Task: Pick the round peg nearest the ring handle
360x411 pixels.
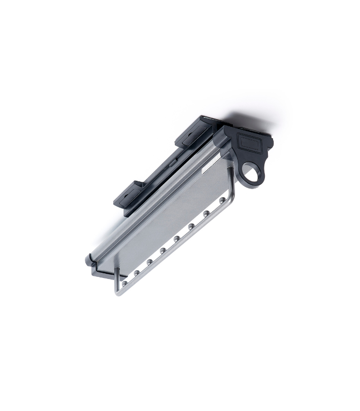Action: click(222, 200)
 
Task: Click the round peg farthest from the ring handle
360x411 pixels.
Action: click(124, 283)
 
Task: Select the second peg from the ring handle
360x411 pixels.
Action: click(206, 213)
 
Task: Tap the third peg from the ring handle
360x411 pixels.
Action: click(191, 226)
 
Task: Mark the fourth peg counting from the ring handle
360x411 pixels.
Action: click(176, 239)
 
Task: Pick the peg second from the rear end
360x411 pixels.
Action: click(137, 273)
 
